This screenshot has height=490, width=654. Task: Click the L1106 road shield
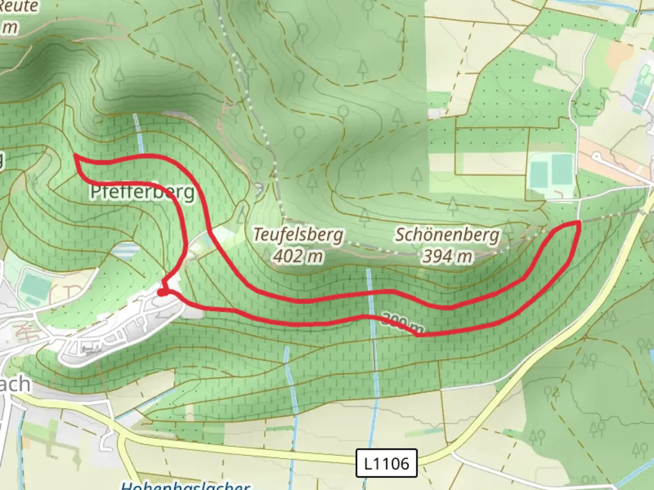coord(386,463)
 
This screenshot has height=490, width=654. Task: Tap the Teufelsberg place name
coord(297,235)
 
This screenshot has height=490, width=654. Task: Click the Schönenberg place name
coord(447,235)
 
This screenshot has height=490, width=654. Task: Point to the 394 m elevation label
coord(447,256)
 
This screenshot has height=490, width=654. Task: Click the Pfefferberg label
coord(142,192)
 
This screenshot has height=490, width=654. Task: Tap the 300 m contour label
coord(402,323)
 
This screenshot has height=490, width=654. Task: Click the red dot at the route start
coord(161,293)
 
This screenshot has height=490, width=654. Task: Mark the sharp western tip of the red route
coord(75,156)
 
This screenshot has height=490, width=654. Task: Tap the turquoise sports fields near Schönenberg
coord(550,172)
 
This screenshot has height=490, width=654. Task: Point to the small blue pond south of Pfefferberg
coord(124,249)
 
